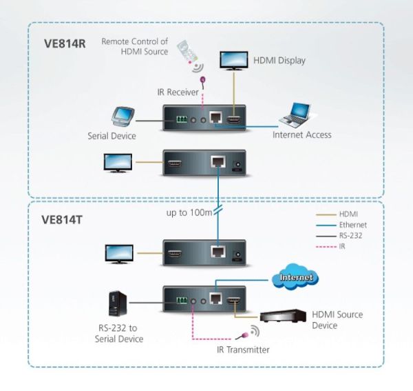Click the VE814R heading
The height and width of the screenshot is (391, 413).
[x=65, y=43]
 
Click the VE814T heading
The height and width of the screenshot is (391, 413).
[x=62, y=220]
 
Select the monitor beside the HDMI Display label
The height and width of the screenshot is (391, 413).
[x=234, y=61]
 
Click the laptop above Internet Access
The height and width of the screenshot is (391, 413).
[x=295, y=115]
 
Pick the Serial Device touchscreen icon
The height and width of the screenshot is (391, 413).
[x=123, y=116]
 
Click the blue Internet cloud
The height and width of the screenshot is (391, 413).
[x=295, y=277]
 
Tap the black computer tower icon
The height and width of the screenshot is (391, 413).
[x=118, y=303]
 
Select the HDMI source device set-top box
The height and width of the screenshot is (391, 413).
[x=283, y=316]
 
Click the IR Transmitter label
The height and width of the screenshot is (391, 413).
[x=243, y=350]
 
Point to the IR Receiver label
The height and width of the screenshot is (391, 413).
[x=178, y=92]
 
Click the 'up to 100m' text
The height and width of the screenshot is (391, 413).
[x=189, y=212]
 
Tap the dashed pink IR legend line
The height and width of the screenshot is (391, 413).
[x=326, y=247]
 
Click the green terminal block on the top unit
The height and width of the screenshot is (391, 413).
[x=182, y=119]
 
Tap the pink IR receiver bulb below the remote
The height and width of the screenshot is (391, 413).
[x=203, y=79]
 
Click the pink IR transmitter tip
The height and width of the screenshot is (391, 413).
[x=245, y=336]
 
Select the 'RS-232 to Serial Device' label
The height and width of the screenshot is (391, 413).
[x=119, y=334]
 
